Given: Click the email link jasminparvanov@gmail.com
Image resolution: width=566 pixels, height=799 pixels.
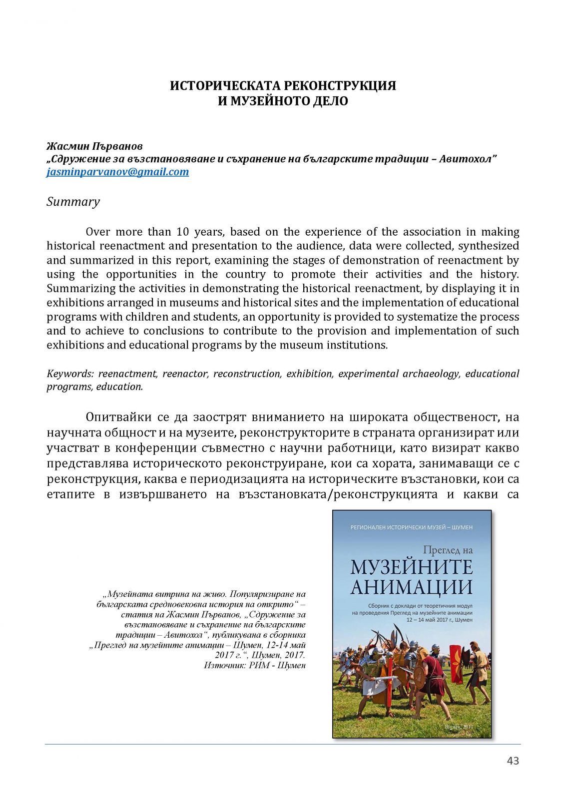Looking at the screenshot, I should (117, 172).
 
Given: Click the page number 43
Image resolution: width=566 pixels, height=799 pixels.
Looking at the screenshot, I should (513, 761).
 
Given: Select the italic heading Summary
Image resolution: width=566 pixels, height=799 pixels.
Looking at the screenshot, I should (73, 202).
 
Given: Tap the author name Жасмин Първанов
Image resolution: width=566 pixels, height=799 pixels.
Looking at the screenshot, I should (94, 146).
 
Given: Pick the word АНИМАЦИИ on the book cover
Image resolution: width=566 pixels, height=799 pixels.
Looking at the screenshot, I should (411, 587).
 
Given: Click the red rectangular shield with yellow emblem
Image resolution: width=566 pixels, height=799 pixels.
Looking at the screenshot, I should (456, 663).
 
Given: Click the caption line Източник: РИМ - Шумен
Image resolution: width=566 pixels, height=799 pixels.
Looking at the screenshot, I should (255, 665).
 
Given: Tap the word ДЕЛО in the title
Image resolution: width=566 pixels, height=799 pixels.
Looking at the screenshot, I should (330, 101).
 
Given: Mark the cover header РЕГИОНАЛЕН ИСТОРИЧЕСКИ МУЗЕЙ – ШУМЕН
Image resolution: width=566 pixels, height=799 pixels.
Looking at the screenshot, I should (411, 527).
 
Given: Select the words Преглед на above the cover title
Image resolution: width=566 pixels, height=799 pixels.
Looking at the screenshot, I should (447, 550).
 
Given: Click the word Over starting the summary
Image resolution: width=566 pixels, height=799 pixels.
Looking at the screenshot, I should (97, 232).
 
